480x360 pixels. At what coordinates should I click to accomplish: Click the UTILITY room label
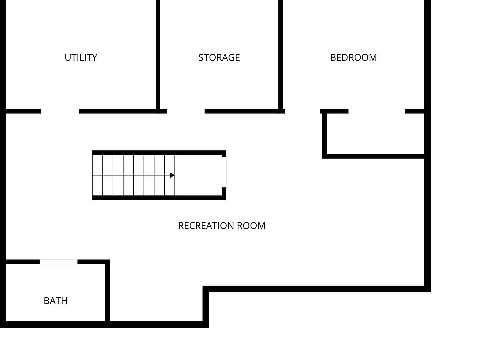[81, 57]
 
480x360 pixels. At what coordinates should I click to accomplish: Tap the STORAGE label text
[219, 57]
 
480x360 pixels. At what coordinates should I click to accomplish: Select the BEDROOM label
[353, 57]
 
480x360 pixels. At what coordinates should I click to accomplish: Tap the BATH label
[55, 301]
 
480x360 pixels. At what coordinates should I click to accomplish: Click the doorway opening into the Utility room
[60, 111]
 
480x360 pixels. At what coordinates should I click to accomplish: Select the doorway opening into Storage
[186, 111]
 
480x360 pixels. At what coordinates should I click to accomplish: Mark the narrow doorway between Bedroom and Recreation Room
[303, 111]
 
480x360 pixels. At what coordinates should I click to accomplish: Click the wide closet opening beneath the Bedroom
[377, 111]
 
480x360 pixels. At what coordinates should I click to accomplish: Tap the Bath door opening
[59, 262]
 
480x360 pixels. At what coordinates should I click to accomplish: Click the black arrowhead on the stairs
[172, 175]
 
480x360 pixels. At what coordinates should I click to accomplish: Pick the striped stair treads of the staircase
[134, 175]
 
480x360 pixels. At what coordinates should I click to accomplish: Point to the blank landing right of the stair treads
[199, 175]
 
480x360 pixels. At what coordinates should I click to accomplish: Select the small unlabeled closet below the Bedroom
[376, 134]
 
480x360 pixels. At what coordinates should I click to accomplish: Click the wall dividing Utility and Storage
[158, 54]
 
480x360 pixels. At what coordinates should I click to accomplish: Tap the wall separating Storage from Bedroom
[280, 54]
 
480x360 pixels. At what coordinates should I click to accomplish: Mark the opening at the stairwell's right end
[224, 172]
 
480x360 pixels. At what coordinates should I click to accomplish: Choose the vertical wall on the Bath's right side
[108, 293]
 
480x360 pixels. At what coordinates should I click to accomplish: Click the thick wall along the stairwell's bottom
[159, 198]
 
